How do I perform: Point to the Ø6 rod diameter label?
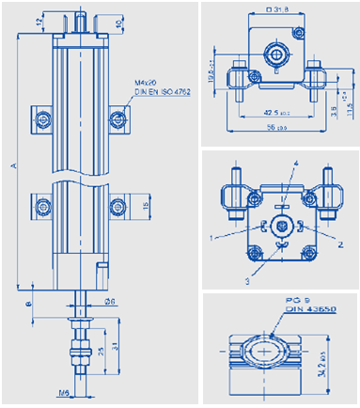coord(108,301)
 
